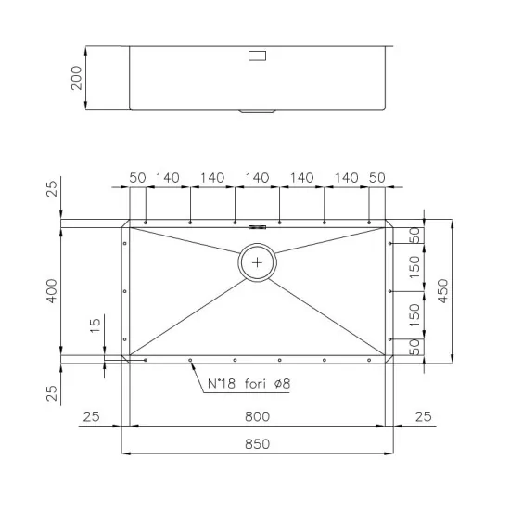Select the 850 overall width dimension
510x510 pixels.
pos(257,444)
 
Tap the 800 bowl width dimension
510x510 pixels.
pos(257,417)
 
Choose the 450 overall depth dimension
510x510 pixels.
pos(443,289)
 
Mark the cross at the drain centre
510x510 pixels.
pos(257,262)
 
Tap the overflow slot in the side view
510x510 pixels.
pos(257,56)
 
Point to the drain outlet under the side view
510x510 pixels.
pos(257,112)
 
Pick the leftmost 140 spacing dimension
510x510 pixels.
pos(168,177)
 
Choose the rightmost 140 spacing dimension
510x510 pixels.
pos(346,177)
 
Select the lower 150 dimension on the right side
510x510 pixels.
pos(414,312)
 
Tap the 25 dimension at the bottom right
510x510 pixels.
pos(423,417)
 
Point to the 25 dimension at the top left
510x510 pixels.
pos(52,190)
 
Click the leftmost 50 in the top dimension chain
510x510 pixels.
pos(137,177)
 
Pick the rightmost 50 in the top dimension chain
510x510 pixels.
pos(376,177)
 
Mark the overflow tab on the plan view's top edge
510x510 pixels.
pos(257,223)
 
